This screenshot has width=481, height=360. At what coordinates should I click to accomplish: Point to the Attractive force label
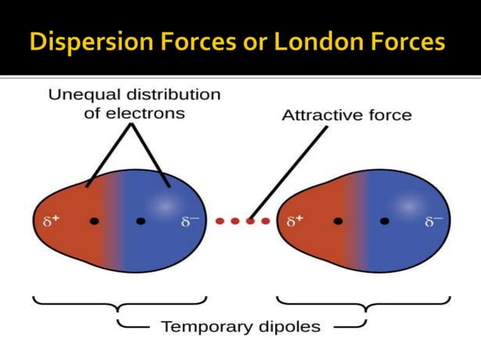346,115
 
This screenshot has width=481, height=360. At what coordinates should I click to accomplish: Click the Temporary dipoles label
239,327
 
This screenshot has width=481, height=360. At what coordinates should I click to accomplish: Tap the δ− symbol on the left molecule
188,222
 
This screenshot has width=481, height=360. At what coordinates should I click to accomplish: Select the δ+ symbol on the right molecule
296,222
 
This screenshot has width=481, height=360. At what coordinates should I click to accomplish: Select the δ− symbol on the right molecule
434,222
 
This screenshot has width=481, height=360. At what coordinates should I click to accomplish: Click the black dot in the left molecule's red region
93,221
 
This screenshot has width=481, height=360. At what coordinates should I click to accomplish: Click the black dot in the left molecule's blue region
141,221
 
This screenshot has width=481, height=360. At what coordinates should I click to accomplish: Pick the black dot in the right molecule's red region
339,221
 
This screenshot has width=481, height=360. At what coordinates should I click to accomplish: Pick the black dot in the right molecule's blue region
384,221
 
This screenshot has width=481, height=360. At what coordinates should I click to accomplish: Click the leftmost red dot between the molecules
219,221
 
